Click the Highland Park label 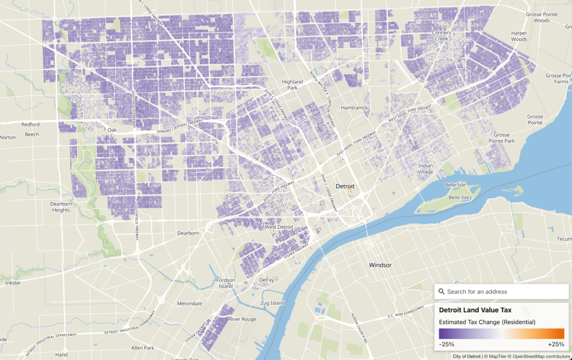click(292, 85)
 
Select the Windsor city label click(380, 265)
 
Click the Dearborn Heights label click(61, 207)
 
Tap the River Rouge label click(242, 319)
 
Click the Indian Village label click(426, 169)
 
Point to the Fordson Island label click(226, 283)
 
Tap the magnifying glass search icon click(442, 291)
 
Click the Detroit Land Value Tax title click(475, 310)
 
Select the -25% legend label click(447, 344)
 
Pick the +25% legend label click(556, 344)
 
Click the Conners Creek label click(442, 36)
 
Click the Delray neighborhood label click(267, 280)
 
